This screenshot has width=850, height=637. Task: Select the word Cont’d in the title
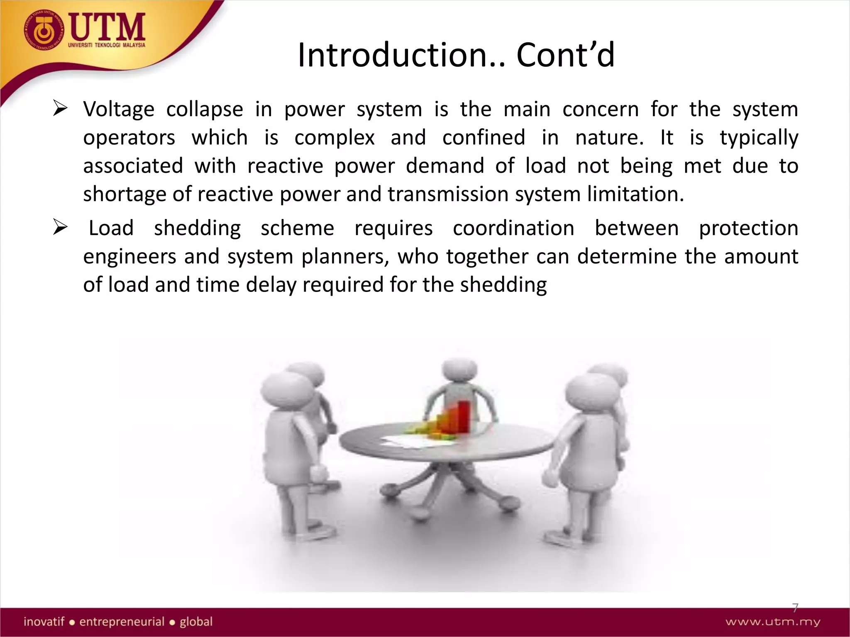tap(565, 55)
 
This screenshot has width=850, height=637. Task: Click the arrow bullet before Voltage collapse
tap(60, 109)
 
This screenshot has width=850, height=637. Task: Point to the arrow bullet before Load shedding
tap(60, 228)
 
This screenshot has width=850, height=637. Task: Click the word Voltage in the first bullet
tap(119, 109)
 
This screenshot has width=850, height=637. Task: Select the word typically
tap(759, 138)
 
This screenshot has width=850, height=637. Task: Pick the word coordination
tap(513, 229)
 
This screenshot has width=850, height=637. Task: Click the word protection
tap(748, 229)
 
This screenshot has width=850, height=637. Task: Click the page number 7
tap(795, 608)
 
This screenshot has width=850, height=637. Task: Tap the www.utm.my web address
tap(773, 622)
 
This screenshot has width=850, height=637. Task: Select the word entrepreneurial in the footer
tap(122, 622)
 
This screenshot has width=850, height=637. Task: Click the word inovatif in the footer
tap(44, 622)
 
